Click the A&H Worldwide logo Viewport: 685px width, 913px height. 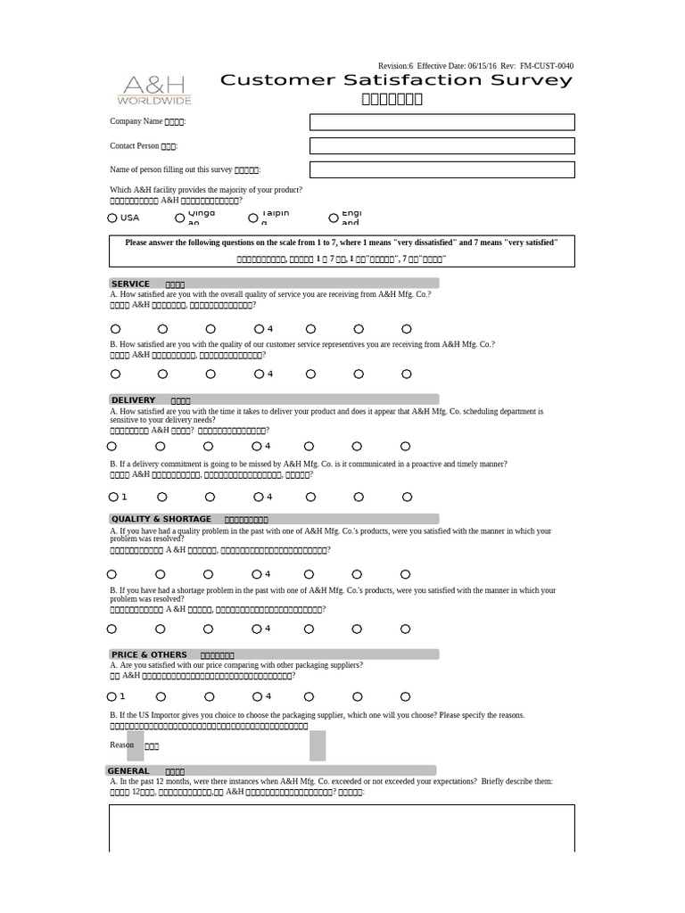(154, 90)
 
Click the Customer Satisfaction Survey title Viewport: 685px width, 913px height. (396, 80)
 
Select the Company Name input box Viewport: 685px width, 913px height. (442, 122)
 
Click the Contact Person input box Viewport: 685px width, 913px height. (442, 145)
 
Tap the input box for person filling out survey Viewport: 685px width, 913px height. (442, 169)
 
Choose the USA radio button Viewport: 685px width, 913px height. (112, 218)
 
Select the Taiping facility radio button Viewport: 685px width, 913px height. (254, 217)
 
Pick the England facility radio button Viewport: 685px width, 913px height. (334, 218)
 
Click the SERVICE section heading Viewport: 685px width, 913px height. (130, 284)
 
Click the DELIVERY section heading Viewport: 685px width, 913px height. (133, 399)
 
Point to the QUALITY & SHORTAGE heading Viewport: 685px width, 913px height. (161, 519)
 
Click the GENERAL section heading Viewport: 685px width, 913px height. (128, 770)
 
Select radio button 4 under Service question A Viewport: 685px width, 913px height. (259, 329)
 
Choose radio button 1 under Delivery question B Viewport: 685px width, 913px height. (113, 497)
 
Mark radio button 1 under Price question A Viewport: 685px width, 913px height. (112, 696)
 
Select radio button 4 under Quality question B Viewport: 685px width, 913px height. (257, 629)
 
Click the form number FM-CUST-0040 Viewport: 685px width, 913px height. (547, 66)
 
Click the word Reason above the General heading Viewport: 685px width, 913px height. (122, 744)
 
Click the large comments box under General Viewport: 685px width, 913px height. (342, 827)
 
